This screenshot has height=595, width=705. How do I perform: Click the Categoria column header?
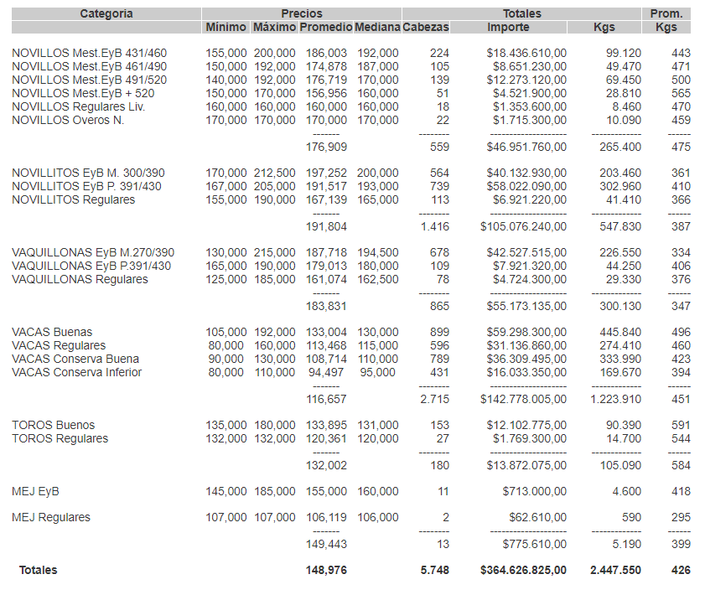coord(106,13)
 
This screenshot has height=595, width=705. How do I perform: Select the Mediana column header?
coord(377,28)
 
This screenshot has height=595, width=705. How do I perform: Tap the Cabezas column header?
coord(426,28)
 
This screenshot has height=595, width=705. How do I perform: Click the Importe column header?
coord(508,28)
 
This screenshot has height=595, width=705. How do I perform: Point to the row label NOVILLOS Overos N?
coord(68,121)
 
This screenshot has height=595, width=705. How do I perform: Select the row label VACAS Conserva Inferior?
coord(77,373)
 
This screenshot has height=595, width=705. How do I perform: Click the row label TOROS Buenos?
coord(54,426)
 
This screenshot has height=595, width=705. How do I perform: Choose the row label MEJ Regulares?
coord(51,518)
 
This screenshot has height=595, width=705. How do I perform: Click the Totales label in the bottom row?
coord(39,571)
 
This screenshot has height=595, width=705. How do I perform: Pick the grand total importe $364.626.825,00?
coord(523,571)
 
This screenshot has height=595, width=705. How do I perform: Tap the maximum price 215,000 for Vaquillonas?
coord(275,253)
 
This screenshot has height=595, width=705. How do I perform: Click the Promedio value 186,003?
coord(324,54)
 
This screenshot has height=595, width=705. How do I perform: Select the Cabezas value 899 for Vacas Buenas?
coord(438,333)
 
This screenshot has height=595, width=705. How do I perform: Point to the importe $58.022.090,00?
coord(526,187)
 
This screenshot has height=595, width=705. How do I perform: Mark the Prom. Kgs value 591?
coord(681,426)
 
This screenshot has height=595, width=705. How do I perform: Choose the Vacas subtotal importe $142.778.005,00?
coord(523,399)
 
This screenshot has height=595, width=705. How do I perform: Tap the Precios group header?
coord(302,13)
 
